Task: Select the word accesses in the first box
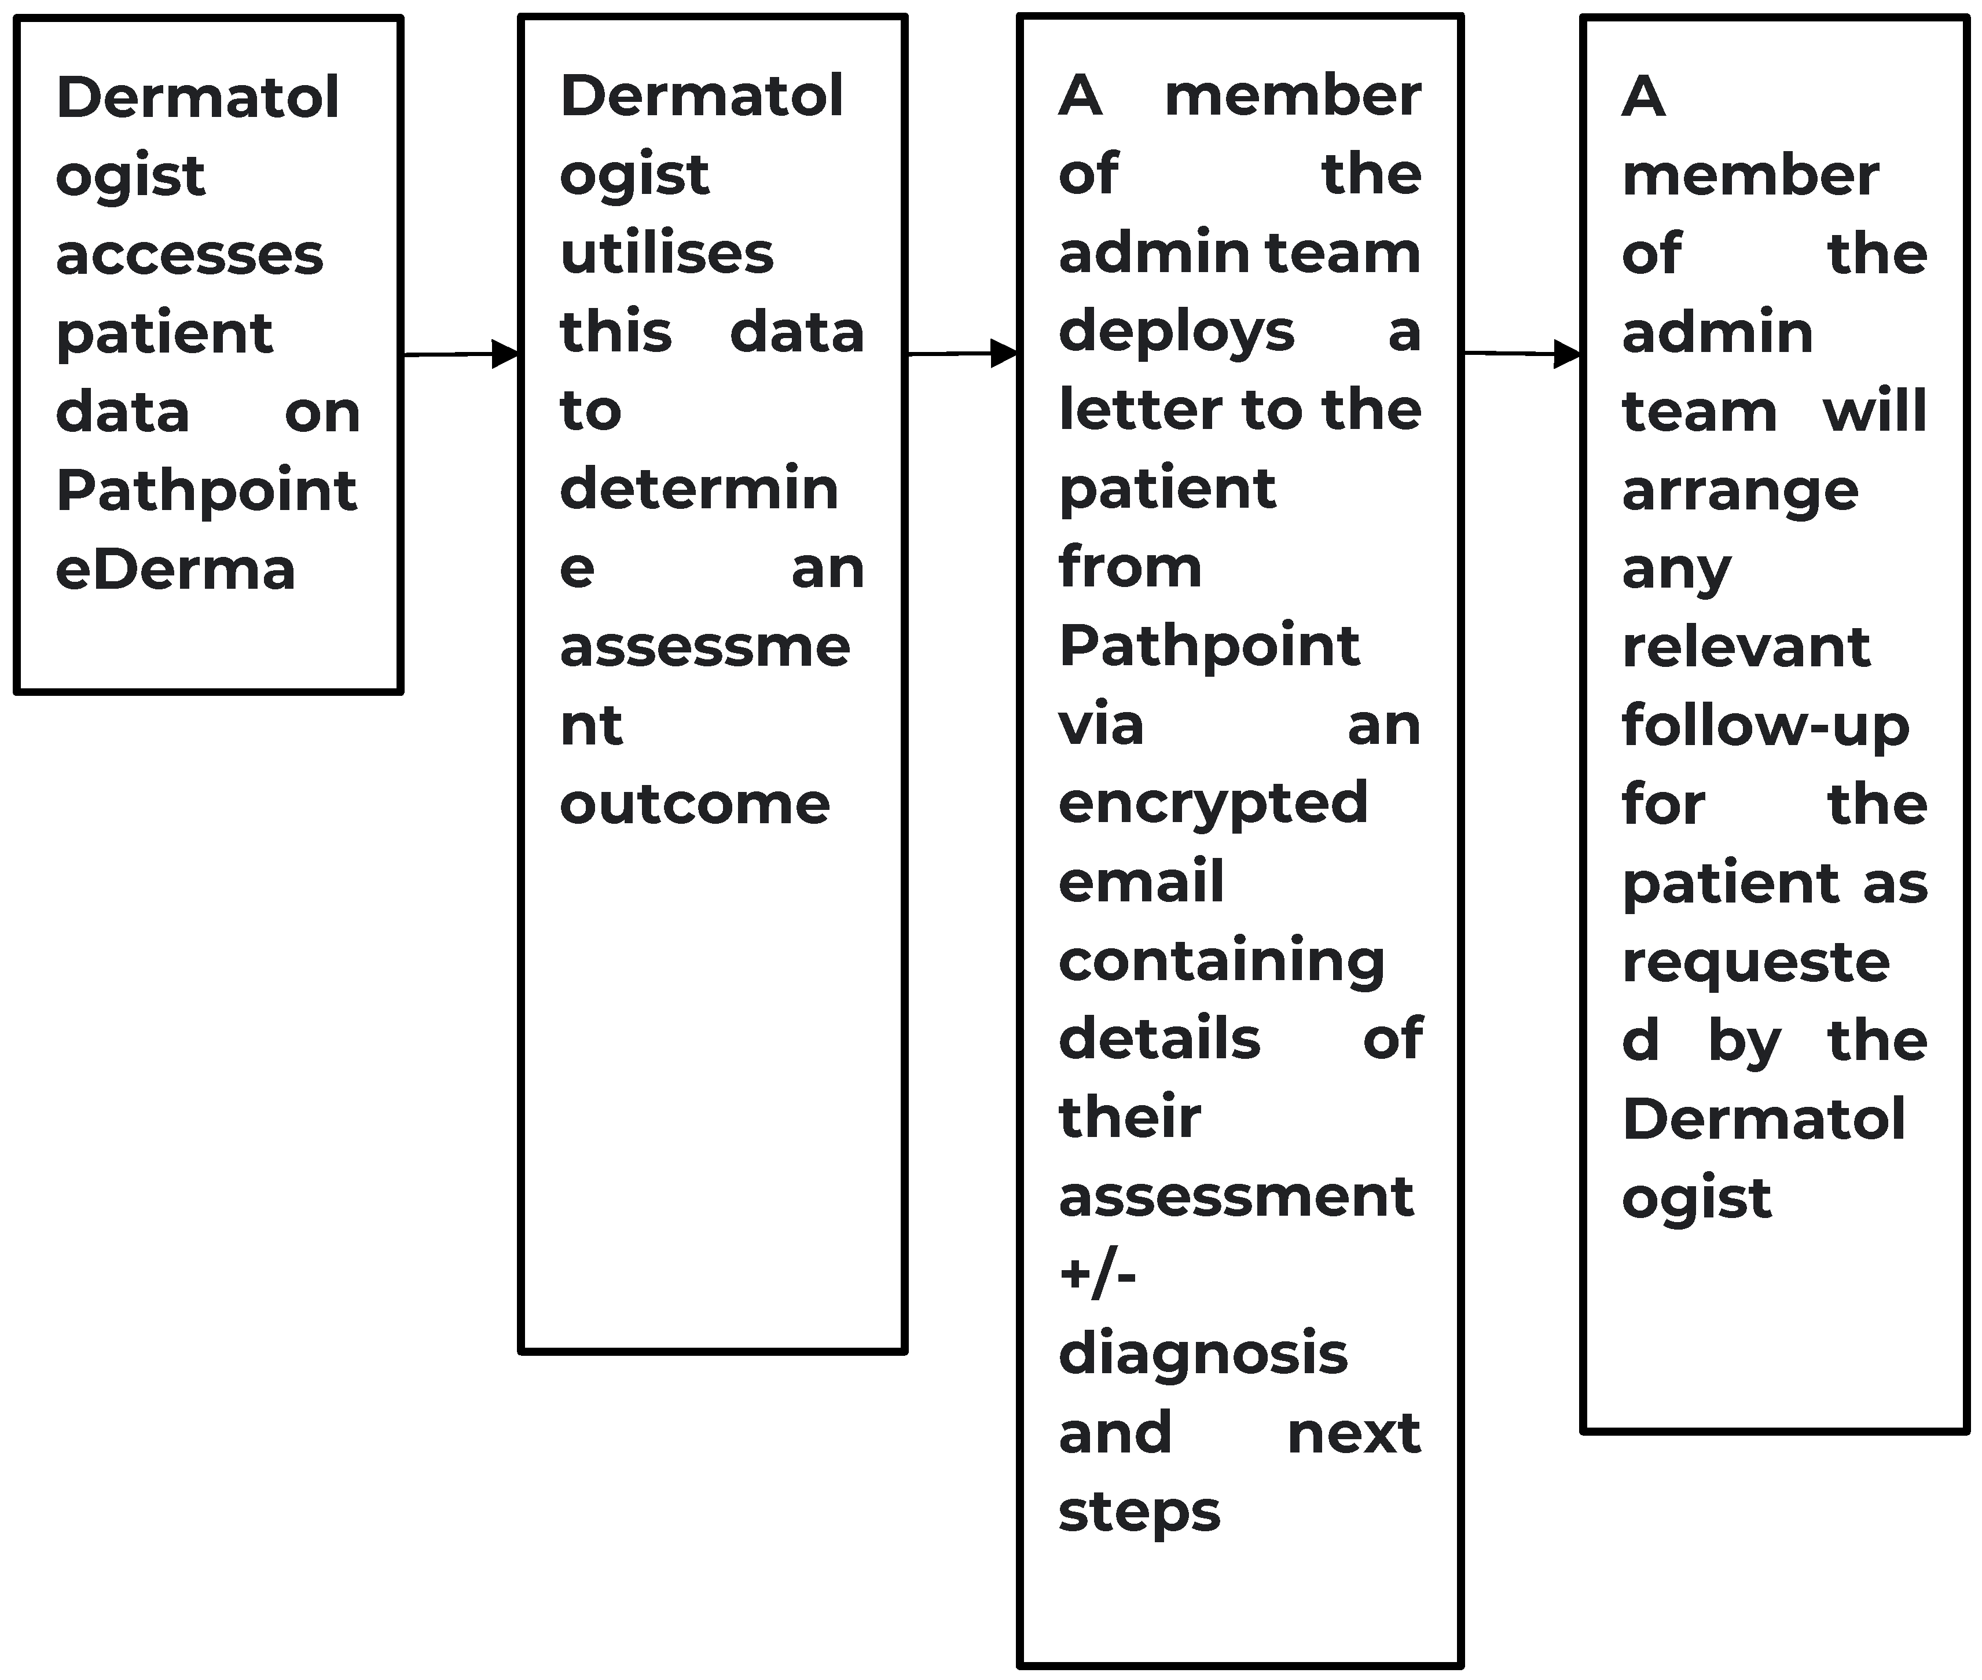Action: pos(189,255)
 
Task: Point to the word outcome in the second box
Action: pos(694,805)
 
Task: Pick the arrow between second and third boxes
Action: pos(962,353)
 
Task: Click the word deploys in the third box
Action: pos(1176,334)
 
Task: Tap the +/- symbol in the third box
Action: pos(1097,1274)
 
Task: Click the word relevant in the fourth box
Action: pos(1746,648)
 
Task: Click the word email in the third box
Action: pos(1141,882)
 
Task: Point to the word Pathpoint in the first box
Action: pos(205,491)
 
